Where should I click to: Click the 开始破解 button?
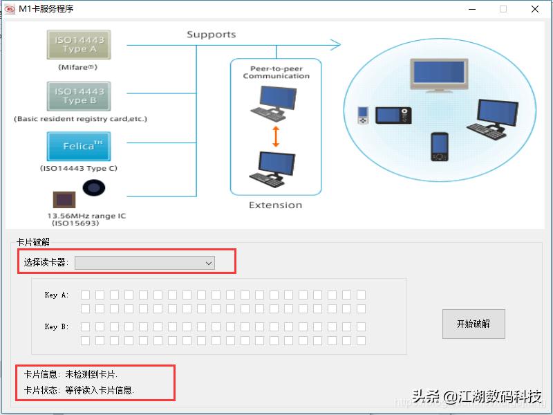[x=474, y=324]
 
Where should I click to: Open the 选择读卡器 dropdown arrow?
[x=208, y=263]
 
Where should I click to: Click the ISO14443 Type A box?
[x=79, y=44]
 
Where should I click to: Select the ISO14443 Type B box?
[x=79, y=96]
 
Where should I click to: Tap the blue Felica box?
[x=79, y=146]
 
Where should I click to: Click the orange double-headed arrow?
[x=275, y=136]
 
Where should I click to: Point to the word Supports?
[x=211, y=35]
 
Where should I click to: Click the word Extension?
[x=275, y=205]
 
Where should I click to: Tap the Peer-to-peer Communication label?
[x=276, y=73]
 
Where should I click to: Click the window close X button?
[x=534, y=9]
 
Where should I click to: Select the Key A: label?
[x=56, y=295]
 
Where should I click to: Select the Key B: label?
[x=56, y=326]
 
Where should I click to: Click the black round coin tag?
[x=94, y=188]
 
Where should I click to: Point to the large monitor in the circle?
[x=438, y=75]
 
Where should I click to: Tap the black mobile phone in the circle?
[x=439, y=146]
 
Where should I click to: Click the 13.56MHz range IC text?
[x=86, y=216]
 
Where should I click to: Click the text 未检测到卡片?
[x=91, y=374]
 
